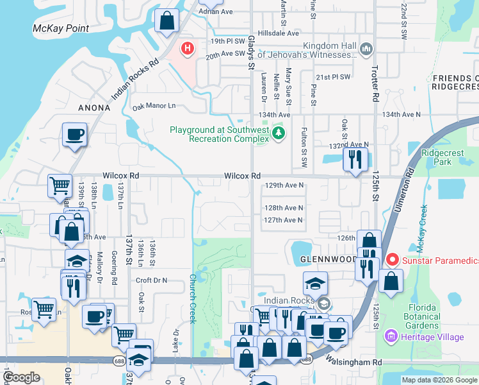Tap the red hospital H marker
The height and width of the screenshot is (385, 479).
click(188, 48)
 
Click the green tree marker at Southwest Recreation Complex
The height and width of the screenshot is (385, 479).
click(278, 133)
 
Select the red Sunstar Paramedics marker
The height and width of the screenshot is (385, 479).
click(391, 260)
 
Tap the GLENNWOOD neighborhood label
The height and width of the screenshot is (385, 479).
click(329, 260)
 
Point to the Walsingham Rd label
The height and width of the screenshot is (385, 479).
click(353, 363)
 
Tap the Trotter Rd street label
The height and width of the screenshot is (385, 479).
click(375, 70)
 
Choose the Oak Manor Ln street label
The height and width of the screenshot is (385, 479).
click(154, 106)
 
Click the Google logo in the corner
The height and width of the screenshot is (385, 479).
click(21, 377)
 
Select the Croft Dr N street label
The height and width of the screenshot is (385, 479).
click(151, 280)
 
